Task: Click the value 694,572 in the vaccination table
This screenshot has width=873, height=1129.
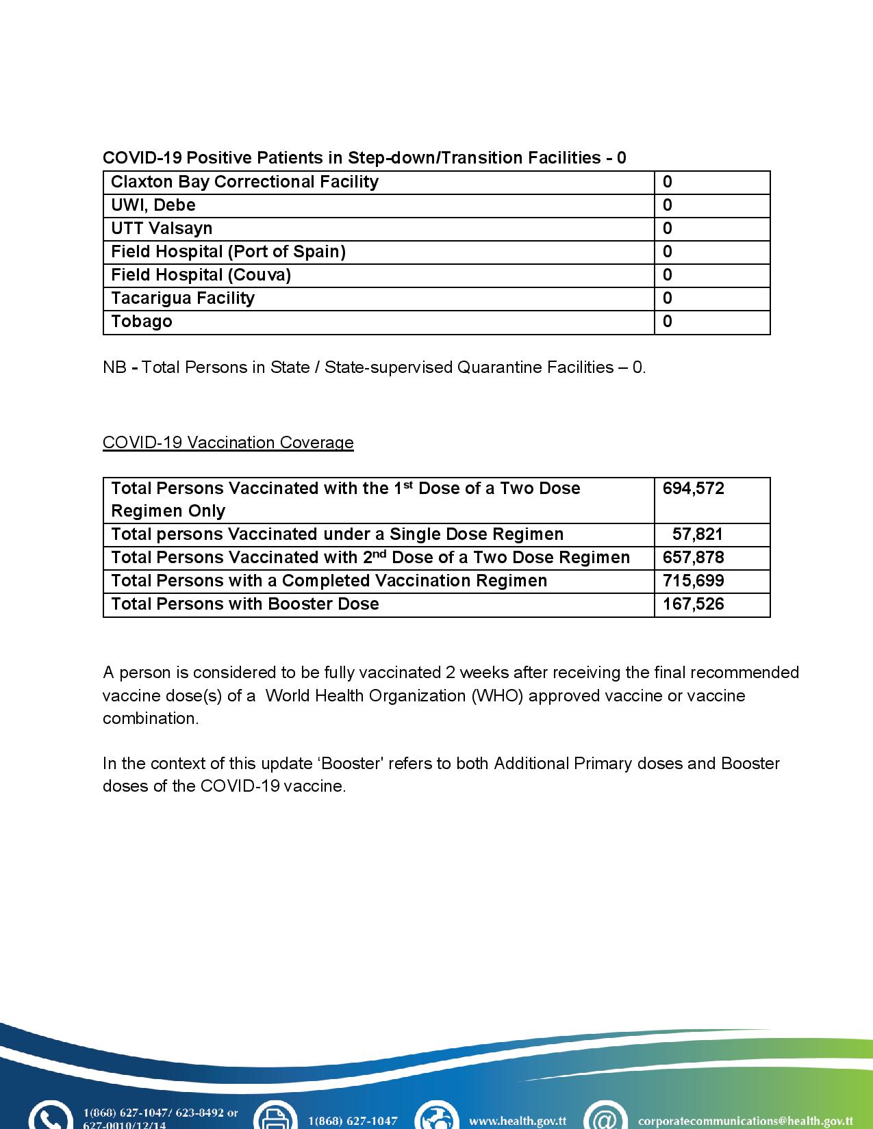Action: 693,489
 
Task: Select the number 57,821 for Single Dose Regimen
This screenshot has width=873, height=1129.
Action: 697,534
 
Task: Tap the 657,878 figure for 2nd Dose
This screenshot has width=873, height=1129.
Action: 693,558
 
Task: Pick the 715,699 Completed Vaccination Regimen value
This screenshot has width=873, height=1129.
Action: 693,581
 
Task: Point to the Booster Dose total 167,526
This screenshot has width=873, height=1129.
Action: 693,604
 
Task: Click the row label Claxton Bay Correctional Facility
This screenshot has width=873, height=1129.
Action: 244,182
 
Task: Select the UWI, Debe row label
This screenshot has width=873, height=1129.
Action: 153,205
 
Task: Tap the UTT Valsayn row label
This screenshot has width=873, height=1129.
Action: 162,229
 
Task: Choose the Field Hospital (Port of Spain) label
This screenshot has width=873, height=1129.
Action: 228,252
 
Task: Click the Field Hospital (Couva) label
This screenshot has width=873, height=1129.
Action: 201,275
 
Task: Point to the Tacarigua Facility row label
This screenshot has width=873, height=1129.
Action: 183,298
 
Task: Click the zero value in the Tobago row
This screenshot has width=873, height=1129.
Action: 668,322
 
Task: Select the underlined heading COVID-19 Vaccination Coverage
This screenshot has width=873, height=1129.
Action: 228,443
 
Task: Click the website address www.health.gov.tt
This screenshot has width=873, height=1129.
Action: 517,1121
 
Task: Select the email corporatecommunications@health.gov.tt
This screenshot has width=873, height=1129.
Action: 745,1121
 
